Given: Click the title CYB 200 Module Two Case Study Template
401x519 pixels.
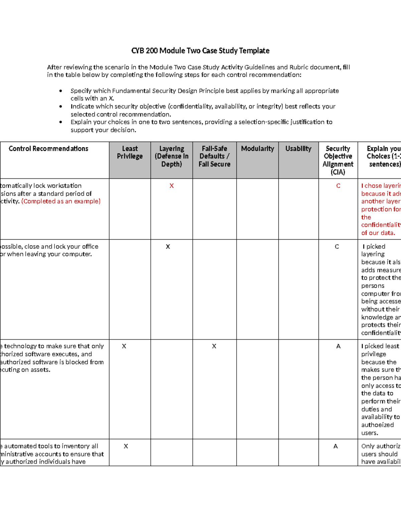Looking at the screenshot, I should pyautogui.click(x=200, y=51).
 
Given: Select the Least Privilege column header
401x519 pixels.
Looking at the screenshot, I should pyautogui.click(x=130, y=152).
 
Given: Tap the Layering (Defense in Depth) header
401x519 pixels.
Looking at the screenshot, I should pyautogui.click(x=171, y=156).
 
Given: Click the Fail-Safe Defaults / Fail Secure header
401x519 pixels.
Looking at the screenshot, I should pyautogui.click(x=214, y=156).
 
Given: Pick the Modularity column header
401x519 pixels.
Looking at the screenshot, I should pyautogui.click(x=257, y=149).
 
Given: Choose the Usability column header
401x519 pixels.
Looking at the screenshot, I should pyautogui.click(x=298, y=149).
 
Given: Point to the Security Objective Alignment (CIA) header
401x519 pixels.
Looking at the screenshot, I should pyautogui.click(x=338, y=160).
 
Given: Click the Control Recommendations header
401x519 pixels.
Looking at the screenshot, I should pyautogui.click(x=48, y=149).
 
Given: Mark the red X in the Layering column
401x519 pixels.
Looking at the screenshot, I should pyautogui.click(x=171, y=186).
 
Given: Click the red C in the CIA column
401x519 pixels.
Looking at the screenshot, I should pyautogui.click(x=338, y=186).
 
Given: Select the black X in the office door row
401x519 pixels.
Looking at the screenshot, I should pyautogui.click(x=168, y=247).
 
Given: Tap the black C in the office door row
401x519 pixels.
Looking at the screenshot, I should pyautogui.click(x=337, y=247).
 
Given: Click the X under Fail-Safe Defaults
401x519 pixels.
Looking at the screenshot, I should pyautogui.click(x=214, y=346).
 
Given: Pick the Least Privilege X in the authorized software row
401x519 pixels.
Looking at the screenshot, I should pyautogui.click(x=124, y=346).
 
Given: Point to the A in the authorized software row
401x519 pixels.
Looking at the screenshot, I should pyautogui.click(x=338, y=346).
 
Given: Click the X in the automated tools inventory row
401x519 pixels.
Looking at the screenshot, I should pyautogui.click(x=126, y=446).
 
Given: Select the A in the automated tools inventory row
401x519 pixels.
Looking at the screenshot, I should pyautogui.click(x=336, y=446).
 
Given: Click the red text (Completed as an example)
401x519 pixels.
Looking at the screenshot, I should pyautogui.click(x=61, y=201).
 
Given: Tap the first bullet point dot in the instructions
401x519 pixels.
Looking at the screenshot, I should pyautogui.click(x=60, y=91).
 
